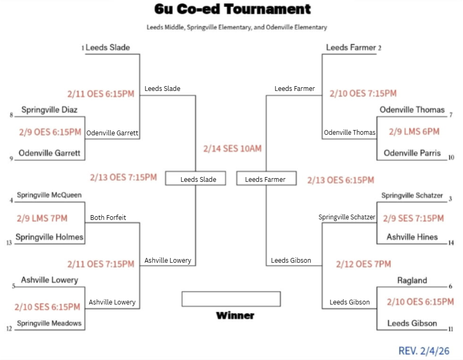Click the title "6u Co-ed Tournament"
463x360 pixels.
[233, 9]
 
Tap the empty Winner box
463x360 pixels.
[231, 299]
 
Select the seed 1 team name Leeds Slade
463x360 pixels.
[108, 48]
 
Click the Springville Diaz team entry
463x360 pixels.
[49, 110]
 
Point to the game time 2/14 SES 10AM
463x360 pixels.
[233, 149]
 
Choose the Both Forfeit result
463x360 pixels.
[108, 217]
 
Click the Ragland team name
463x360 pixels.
[412, 281]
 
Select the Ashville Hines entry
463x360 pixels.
[412, 237]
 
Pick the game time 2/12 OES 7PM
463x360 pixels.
[363, 264]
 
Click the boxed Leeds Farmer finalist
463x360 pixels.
[265, 180]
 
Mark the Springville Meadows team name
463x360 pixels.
[49, 323]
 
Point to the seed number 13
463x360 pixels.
[10, 243]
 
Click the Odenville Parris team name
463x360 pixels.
[412, 153]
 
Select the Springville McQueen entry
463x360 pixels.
[49, 195]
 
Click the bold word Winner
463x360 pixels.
[235, 316]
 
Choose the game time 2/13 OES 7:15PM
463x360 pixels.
[123, 177]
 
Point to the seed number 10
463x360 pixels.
[451, 158]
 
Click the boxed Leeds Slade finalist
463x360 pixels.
[198, 180]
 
